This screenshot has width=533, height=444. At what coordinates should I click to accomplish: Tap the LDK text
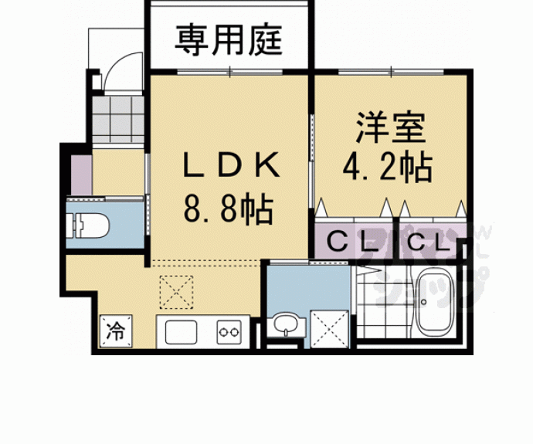click(228, 164)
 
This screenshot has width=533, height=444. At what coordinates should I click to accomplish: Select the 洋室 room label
click(390, 127)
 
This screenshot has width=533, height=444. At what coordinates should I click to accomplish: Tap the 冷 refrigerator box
click(114, 333)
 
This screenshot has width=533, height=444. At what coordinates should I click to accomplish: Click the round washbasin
click(284, 325)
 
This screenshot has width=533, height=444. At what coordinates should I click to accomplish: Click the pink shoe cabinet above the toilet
click(80, 175)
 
